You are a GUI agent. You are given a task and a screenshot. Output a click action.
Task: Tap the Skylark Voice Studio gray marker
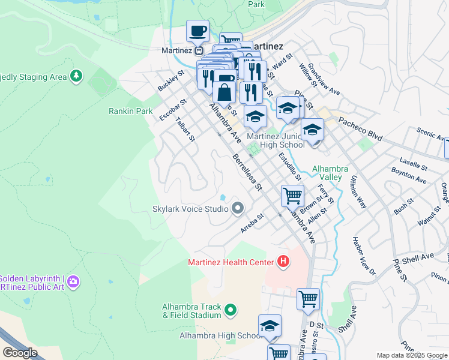pos(238,209)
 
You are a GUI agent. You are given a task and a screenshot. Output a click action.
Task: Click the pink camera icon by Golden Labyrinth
pos(73,281)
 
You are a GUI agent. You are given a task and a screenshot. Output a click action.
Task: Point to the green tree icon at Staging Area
pos(76,76)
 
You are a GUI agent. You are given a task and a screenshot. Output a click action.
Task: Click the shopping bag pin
pos(224,93)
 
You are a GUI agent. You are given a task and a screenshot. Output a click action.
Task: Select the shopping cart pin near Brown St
pos(292,195)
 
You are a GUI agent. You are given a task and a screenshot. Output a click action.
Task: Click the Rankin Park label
pos(130,111)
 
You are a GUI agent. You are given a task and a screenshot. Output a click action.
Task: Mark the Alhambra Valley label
pos(327,173)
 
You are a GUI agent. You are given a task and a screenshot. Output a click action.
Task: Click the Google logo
pos(20,352)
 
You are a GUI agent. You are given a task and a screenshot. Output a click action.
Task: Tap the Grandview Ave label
pos(324,80)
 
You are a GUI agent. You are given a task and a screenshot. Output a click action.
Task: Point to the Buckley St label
pos(170,80)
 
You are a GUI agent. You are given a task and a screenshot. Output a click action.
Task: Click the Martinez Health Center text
pos(230,262)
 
